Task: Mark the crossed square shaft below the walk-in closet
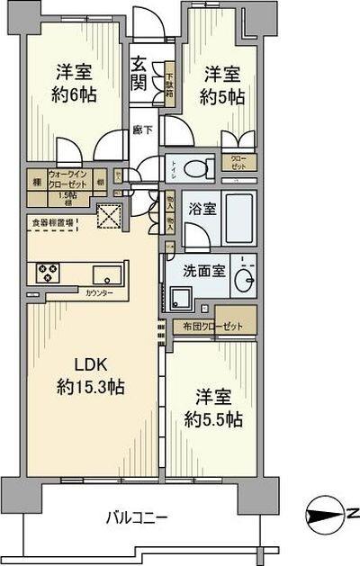pos(111,216)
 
